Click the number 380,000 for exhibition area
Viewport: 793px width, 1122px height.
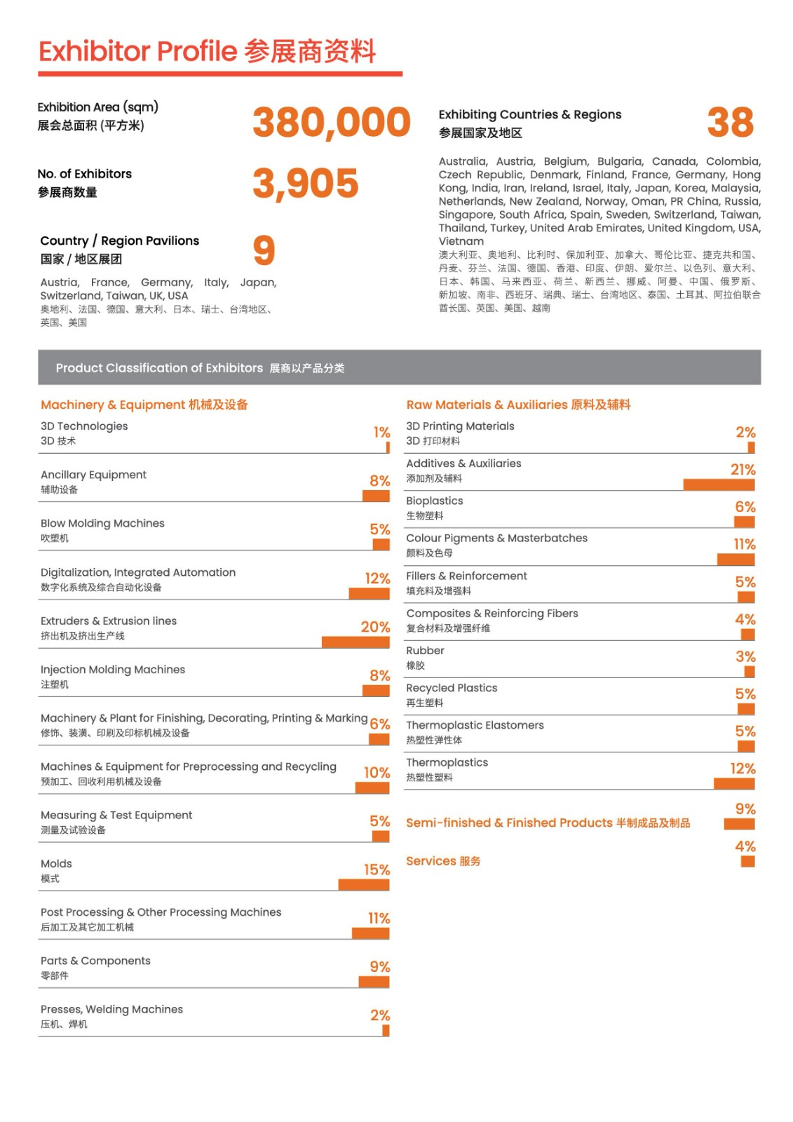pyautogui.click(x=331, y=123)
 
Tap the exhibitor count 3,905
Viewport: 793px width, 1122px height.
pyautogui.click(x=305, y=184)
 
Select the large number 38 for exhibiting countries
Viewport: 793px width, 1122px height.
pyautogui.click(x=730, y=123)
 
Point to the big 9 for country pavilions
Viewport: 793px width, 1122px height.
pyautogui.click(x=264, y=250)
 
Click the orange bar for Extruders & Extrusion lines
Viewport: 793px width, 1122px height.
pyautogui.click(x=355, y=642)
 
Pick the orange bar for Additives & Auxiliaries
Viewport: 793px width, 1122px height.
pyautogui.click(x=719, y=485)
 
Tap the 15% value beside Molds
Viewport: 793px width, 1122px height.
pyautogui.click(x=377, y=870)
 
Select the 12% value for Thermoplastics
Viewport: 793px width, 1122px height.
pyautogui.click(x=743, y=769)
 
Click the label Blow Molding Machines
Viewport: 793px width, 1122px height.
pyautogui.click(x=102, y=523)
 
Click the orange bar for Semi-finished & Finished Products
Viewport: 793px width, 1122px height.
pyautogui.click(x=739, y=824)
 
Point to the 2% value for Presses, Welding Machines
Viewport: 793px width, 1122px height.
pyautogui.click(x=380, y=1015)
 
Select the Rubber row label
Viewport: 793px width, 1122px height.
pyautogui.click(x=425, y=651)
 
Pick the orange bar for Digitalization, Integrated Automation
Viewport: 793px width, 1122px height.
pyautogui.click(x=369, y=594)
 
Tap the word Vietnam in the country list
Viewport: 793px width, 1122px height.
pyautogui.click(x=461, y=241)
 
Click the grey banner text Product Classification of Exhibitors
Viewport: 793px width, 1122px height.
pyautogui.click(x=159, y=368)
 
